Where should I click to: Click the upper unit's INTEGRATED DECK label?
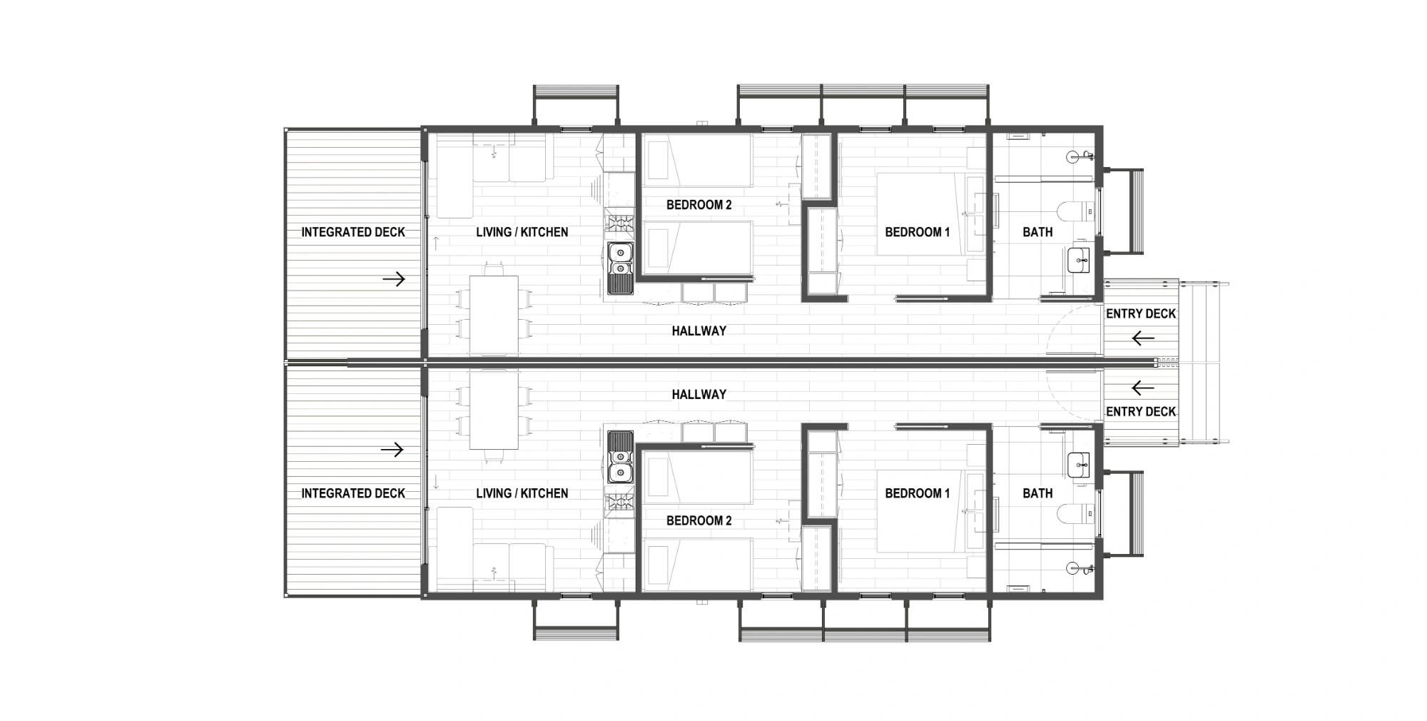[x=353, y=232]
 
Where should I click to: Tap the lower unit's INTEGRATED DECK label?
[x=353, y=493]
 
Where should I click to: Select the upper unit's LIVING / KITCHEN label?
[x=522, y=232]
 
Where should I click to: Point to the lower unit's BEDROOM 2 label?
[x=699, y=520]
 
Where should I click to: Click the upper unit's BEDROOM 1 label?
[x=918, y=232]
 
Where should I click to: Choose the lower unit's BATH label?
[x=1037, y=493]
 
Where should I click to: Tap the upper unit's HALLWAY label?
[x=699, y=331]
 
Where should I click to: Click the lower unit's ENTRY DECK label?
[x=1141, y=411]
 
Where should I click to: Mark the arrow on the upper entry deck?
[x=1144, y=338]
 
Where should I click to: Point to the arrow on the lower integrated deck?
[x=392, y=450]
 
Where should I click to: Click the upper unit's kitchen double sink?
[x=620, y=260]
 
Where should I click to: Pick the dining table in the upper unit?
[x=494, y=315]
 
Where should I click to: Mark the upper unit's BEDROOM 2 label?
[x=699, y=205]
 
